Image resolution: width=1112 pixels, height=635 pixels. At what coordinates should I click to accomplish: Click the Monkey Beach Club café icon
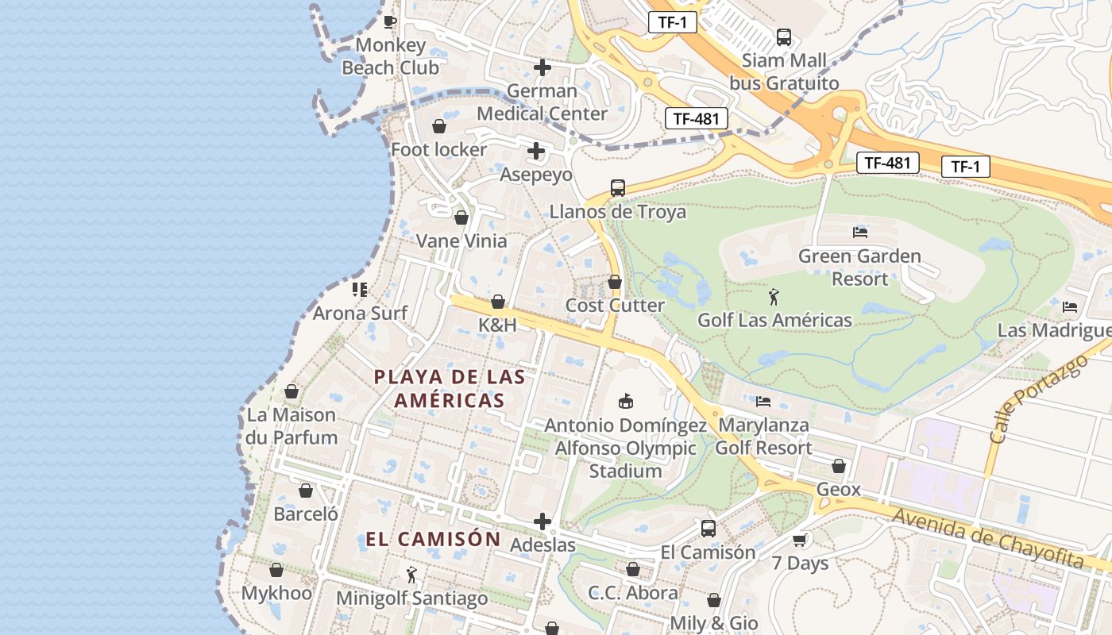389,21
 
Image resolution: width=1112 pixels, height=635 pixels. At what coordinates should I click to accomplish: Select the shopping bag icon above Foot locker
438,126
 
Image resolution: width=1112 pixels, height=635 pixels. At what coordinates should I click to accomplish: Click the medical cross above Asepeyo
536,150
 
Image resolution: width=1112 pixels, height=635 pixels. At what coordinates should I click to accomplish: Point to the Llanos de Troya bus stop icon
618,188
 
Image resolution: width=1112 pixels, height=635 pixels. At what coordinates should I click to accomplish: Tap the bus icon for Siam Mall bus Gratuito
784,37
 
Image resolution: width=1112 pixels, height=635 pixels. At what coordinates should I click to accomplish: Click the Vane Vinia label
461,241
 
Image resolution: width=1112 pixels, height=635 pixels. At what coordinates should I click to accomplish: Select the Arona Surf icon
360,290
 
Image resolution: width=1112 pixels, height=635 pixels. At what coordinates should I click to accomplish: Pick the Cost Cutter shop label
615,306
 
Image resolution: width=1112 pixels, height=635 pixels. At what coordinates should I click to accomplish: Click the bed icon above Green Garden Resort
859,233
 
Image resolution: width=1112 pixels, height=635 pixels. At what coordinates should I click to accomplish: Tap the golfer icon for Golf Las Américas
774,298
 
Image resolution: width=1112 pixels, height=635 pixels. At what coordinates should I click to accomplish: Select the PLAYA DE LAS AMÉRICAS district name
450,388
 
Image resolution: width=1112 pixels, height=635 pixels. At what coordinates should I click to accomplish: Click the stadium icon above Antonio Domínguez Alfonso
626,402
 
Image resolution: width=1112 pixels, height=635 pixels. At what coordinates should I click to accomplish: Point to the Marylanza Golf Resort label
763,437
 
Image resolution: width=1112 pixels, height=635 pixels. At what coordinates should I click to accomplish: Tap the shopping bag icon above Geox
839,466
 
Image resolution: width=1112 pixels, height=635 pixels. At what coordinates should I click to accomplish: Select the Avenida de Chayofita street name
987,537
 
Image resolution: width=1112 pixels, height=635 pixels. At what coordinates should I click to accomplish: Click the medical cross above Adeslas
542,521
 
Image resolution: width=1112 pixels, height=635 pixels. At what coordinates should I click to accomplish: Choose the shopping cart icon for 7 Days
800,541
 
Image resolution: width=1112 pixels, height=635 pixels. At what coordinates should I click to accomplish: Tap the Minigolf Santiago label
411,598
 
